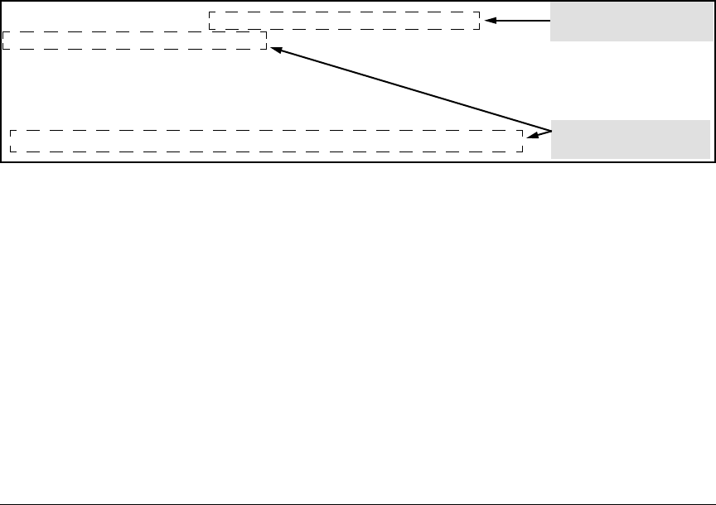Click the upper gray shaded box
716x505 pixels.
coord(630,21)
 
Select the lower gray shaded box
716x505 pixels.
coord(630,139)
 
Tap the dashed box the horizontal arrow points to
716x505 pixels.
coord(344,21)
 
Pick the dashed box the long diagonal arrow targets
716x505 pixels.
coord(134,41)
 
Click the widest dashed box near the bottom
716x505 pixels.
coord(266,141)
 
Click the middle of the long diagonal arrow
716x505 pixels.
coord(410,89)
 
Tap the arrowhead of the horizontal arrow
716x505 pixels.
coord(489,21)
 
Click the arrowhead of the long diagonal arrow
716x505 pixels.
coord(275,50)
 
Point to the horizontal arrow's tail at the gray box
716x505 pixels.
coord(549,21)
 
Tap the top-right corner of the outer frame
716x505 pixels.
coord(714,2)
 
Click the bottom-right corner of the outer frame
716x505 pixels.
coord(714,161)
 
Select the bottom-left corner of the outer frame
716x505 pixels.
coord(2,161)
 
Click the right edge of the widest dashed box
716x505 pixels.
coord(523,141)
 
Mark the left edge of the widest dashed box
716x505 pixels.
coord(10,141)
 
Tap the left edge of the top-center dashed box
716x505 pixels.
coord(209,21)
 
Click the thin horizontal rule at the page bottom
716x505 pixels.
coord(358,503)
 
